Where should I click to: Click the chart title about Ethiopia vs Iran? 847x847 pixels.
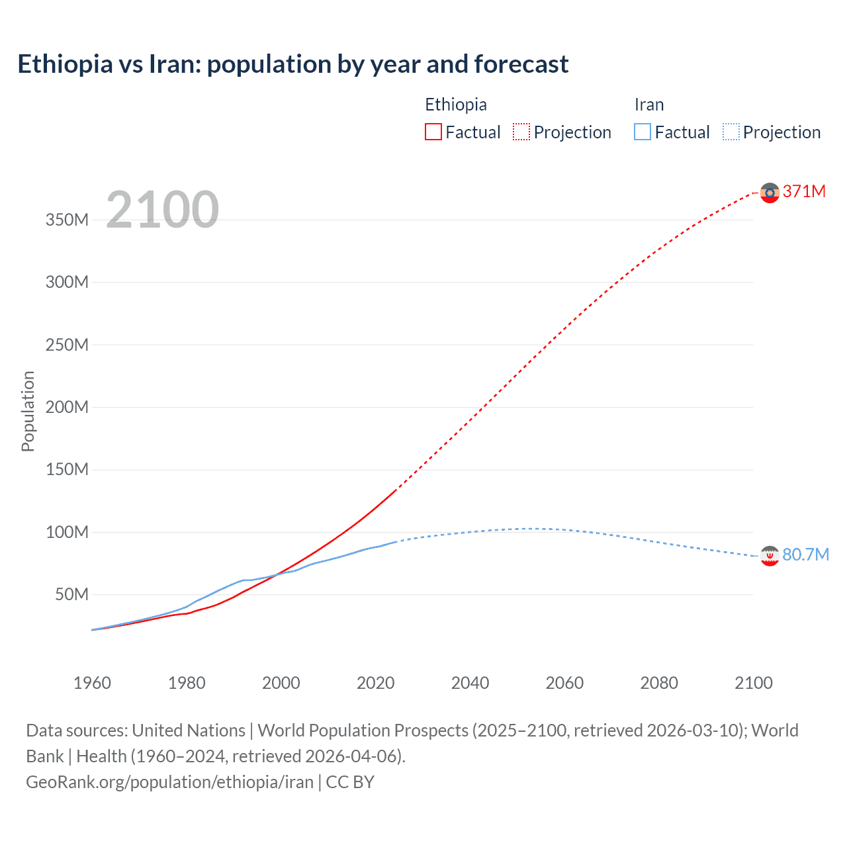(x=292, y=64)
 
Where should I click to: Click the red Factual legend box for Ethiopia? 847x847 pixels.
(x=433, y=132)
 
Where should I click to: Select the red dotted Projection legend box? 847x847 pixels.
(x=521, y=132)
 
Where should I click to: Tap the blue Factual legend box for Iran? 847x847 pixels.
(x=642, y=132)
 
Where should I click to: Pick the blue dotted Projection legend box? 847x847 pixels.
(x=731, y=132)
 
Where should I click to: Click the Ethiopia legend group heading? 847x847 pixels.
(x=455, y=105)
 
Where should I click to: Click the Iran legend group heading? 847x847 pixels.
(x=648, y=105)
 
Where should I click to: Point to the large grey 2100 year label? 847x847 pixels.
(x=162, y=210)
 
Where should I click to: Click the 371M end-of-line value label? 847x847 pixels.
(x=804, y=191)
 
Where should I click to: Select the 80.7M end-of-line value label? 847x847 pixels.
(x=805, y=555)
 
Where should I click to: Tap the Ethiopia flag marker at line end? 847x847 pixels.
(x=770, y=193)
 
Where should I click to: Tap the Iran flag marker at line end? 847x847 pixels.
(x=770, y=556)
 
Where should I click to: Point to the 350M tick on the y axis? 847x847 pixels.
(x=67, y=220)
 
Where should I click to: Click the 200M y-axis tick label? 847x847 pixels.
(x=67, y=407)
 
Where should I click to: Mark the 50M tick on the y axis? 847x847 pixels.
(x=71, y=594)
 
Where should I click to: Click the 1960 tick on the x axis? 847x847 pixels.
(x=92, y=683)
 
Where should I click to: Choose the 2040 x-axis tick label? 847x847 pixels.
(x=470, y=683)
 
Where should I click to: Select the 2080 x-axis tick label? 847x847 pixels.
(x=658, y=683)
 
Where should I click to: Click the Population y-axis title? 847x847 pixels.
(x=28, y=411)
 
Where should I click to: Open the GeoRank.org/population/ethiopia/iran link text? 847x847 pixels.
(x=169, y=782)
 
